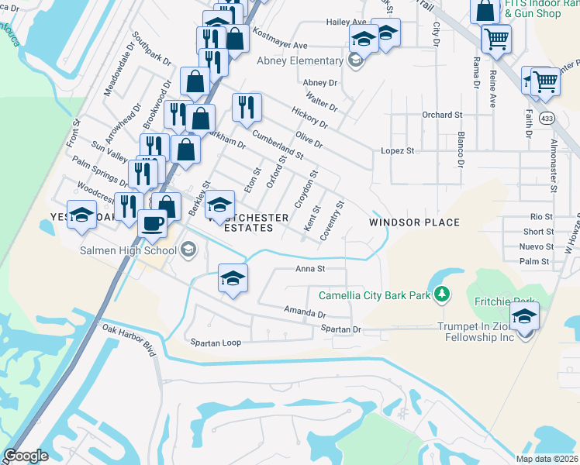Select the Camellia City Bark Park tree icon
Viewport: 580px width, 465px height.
(x=442, y=294)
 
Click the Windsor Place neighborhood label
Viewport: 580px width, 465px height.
(x=414, y=222)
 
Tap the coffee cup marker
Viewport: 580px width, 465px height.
(x=152, y=223)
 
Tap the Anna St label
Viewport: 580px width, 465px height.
(x=309, y=269)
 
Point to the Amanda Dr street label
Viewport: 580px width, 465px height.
(x=306, y=312)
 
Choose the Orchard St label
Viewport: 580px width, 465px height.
(x=442, y=115)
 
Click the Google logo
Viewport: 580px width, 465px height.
(x=26, y=456)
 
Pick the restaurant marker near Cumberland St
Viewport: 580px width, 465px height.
(x=247, y=107)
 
